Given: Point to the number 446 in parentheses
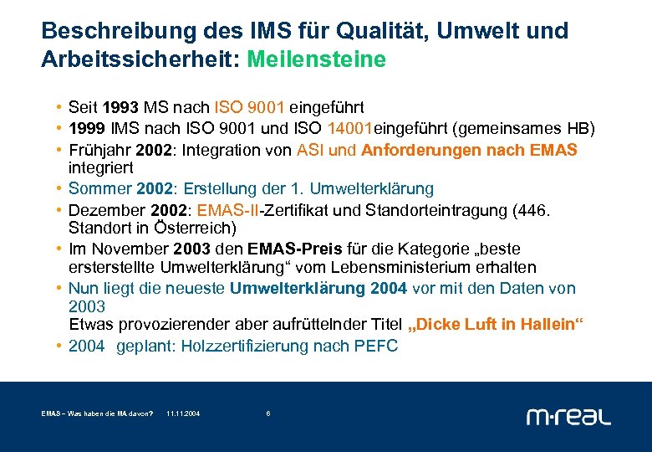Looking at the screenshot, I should tap(532, 209).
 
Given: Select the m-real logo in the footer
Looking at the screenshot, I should tap(568, 415).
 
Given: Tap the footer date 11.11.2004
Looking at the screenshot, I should tap(183, 413).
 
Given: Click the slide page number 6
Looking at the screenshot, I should tap(267, 413).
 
